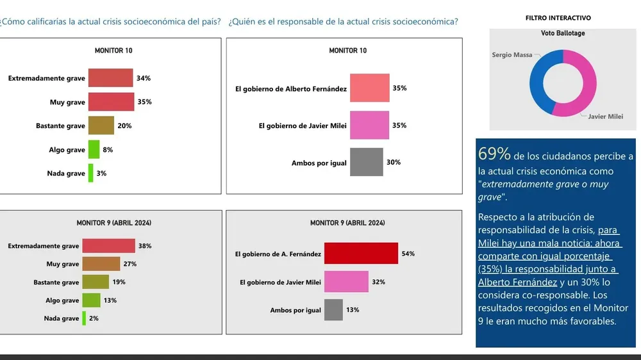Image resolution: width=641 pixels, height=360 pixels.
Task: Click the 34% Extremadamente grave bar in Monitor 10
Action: click(110, 78)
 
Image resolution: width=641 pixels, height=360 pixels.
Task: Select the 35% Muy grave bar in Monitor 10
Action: click(111, 102)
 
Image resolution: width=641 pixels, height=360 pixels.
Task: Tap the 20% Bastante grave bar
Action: click(101, 126)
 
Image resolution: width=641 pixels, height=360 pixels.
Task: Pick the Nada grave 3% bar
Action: click(90, 173)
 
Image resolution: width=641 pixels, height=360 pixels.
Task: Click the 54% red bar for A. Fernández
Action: click(361, 254)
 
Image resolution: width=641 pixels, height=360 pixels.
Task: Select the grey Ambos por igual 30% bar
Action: click(366, 162)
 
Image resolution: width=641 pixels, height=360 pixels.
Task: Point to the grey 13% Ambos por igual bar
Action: click(333, 310)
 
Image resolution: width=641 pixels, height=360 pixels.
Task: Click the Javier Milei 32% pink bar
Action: click(346, 282)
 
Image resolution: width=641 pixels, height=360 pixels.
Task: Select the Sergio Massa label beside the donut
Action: click(512, 55)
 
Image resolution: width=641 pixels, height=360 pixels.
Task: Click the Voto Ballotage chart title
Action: click(563, 33)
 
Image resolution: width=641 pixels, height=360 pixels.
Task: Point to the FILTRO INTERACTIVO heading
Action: click(558, 18)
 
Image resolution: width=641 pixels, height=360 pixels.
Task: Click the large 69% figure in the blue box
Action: click(494, 154)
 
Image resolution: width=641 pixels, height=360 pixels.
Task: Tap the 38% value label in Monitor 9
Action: click(145, 246)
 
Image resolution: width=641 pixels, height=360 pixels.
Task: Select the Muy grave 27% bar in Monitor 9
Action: click(101, 264)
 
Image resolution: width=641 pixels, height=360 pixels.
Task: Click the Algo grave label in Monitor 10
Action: click(67, 150)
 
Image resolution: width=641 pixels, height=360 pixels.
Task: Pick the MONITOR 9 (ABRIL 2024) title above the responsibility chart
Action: click(347, 223)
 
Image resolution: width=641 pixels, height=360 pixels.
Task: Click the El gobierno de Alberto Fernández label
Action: click(291, 89)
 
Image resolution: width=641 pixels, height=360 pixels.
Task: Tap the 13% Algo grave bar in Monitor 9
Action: click(91, 300)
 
